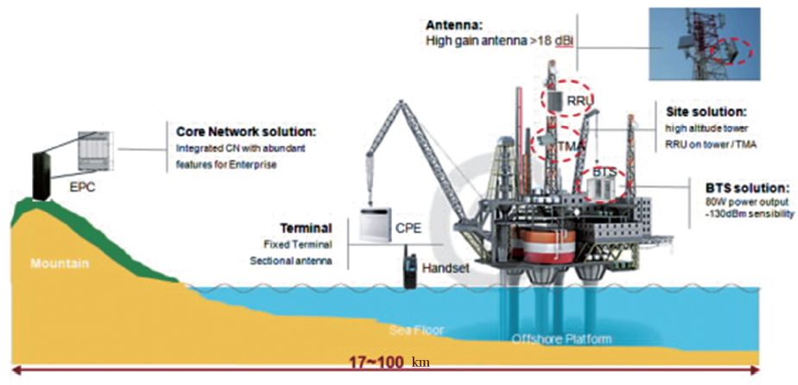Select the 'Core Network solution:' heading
tap(246, 133)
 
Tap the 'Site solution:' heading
tap(706, 113)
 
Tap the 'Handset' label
tap(446, 268)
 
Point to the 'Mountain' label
tap(59, 263)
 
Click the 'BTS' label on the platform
tap(605, 173)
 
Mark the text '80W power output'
tap(732, 205)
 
